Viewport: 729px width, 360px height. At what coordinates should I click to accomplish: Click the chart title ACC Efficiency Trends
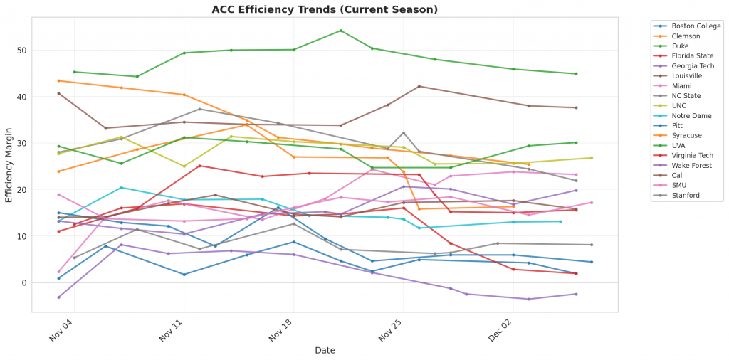pos(325,9)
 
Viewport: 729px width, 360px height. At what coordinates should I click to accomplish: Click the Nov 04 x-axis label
pos(62,330)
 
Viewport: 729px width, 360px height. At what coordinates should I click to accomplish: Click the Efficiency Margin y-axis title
pos(9,164)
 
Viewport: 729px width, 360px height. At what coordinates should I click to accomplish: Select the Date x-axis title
pos(325,350)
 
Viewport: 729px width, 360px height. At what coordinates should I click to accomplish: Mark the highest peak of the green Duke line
pos(341,31)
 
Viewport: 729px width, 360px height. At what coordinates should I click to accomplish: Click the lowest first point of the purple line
pos(58,297)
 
